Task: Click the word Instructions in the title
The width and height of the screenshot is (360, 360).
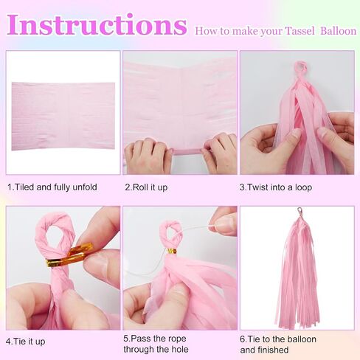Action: [97, 24]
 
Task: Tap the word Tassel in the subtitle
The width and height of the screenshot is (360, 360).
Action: [300, 31]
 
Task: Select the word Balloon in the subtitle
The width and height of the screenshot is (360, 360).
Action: [339, 31]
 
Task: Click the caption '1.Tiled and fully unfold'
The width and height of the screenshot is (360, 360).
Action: [52, 187]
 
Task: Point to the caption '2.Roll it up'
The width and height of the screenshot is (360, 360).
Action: [146, 187]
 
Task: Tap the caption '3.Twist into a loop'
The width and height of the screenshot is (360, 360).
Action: [276, 187]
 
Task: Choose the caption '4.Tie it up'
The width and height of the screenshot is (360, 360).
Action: [26, 342]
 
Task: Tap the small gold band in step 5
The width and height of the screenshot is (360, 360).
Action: [172, 252]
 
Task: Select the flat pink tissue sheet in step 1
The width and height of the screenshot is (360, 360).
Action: [63, 116]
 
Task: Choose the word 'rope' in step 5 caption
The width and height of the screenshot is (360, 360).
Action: [175, 339]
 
